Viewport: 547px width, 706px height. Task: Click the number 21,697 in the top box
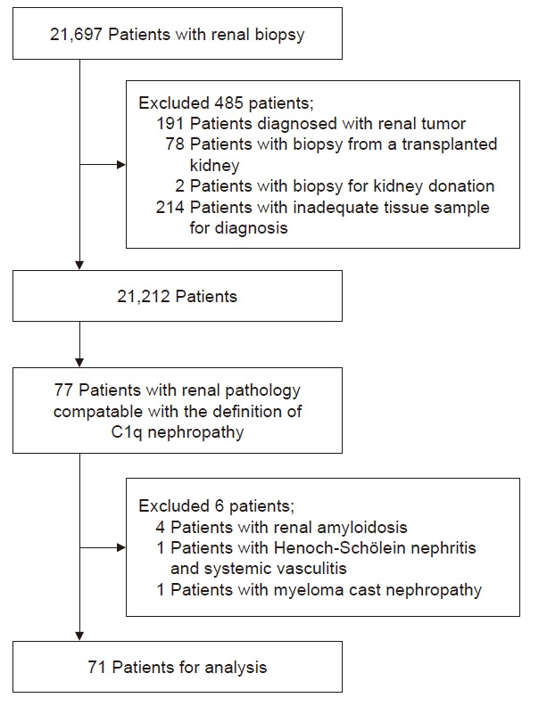[x=76, y=35]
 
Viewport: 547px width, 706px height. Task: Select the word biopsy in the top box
[x=280, y=36]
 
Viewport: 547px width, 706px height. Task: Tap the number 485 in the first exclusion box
[x=229, y=103]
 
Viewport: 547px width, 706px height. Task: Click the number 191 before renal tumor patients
[x=170, y=123]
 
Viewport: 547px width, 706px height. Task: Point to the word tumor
[x=443, y=123]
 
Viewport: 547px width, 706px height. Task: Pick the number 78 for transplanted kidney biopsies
[x=175, y=144]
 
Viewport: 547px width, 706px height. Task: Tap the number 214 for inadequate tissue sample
[x=170, y=207]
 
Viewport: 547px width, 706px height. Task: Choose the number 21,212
[x=144, y=297]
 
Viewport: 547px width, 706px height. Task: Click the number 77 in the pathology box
[x=63, y=390]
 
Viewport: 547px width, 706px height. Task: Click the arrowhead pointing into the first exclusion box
[x=121, y=165]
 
